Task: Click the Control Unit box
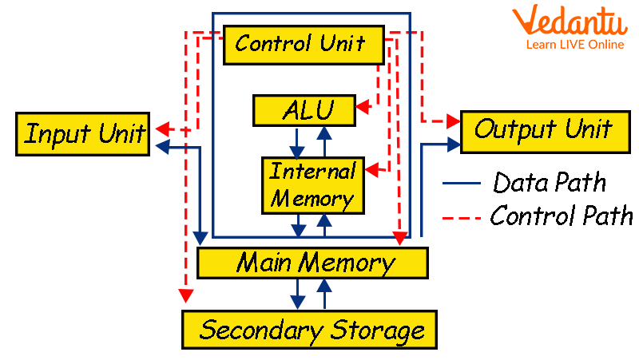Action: click(300, 44)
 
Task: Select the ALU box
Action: click(304, 111)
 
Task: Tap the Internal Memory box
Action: click(312, 185)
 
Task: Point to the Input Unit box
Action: click(84, 133)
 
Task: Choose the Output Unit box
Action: click(542, 130)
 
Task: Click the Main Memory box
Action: click(312, 263)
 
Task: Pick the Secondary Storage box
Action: click(309, 329)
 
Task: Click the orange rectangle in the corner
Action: click(570, 26)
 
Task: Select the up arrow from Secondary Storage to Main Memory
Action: click(325, 294)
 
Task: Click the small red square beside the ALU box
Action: click(363, 108)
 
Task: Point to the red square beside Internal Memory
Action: click(372, 170)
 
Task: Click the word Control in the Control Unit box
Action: click(269, 44)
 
